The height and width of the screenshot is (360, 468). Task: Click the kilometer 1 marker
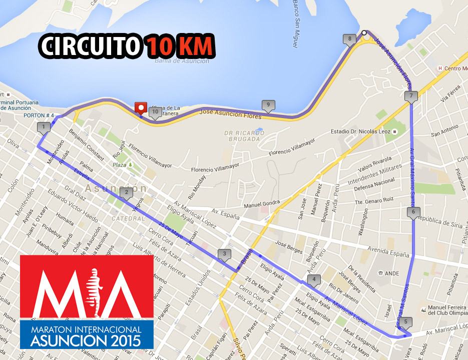44,127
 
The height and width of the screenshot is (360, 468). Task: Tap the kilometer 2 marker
127,192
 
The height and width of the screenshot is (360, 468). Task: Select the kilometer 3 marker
225,254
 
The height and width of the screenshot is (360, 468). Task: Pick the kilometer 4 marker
314,279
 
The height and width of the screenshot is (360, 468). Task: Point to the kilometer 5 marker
405,322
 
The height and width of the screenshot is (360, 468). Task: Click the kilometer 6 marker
413,212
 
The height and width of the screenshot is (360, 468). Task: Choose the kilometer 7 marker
411,96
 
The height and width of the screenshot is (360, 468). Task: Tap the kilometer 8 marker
349,39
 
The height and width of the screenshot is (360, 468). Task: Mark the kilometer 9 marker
268,105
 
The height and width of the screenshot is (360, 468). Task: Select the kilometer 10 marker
155,112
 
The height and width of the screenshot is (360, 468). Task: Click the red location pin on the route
141,107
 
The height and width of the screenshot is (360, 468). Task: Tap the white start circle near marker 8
365,33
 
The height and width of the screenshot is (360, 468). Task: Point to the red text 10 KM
180,46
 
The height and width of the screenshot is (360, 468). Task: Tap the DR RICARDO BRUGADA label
244,136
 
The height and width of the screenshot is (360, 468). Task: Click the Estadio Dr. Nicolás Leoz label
362,131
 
